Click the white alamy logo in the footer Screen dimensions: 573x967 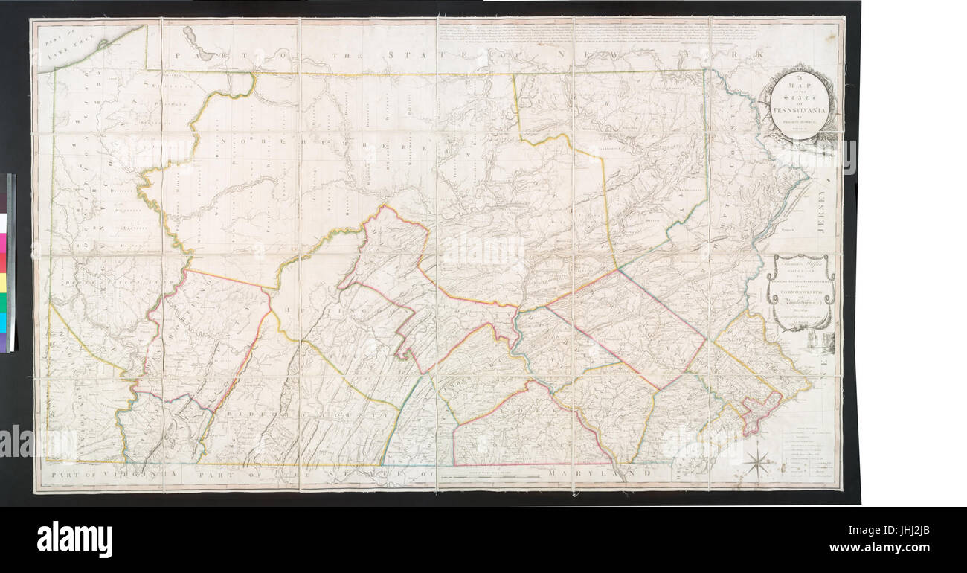(74, 540)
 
